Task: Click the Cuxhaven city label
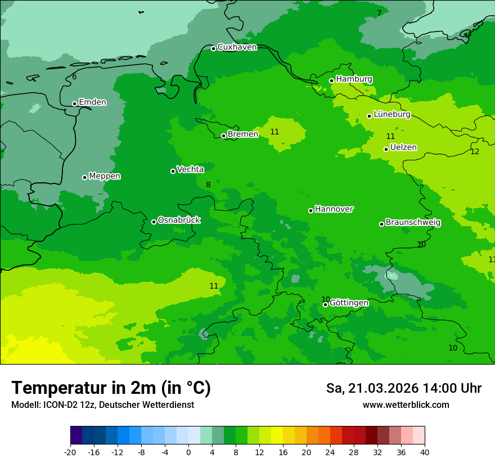(x=237, y=47)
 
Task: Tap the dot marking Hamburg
(x=332, y=80)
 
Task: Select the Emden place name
(x=92, y=102)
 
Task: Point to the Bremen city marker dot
(x=223, y=136)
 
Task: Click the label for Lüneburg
(x=391, y=115)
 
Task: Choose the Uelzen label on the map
(x=403, y=148)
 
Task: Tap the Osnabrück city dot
(x=154, y=222)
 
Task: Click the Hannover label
(x=334, y=209)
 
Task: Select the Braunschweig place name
(x=413, y=223)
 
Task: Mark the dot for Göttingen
(x=325, y=304)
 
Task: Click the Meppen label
(x=105, y=177)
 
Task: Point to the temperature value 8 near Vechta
(x=208, y=185)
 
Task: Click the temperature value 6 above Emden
(x=74, y=77)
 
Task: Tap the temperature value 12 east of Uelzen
(x=475, y=152)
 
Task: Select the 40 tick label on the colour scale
(x=425, y=452)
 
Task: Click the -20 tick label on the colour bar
(x=70, y=452)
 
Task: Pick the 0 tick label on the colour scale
(x=188, y=452)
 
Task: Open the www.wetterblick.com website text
(x=406, y=405)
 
